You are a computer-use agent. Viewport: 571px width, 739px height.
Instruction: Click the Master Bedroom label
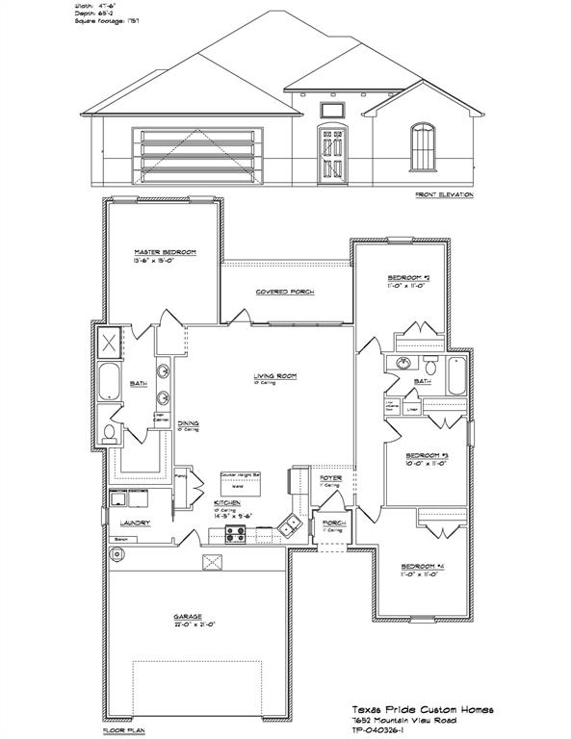click(x=165, y=252)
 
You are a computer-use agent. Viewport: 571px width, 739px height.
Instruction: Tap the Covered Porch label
click(x=285, y=292)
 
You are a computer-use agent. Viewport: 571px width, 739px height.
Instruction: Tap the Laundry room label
click(x=133, y=523)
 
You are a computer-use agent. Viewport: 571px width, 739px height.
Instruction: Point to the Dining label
click(x=188, y=421)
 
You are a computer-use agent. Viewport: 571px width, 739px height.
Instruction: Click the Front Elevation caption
click(x=444, y=195)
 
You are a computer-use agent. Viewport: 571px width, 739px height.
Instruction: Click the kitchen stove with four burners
click(x=234, y=534)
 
